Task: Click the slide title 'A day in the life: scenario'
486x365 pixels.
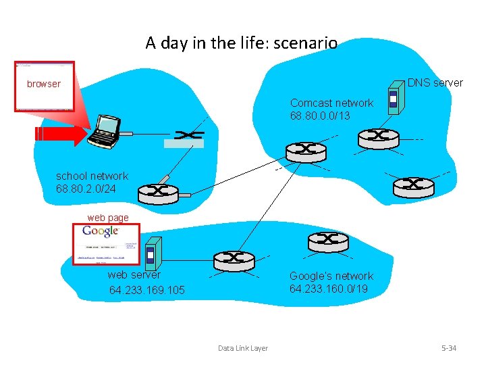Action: (241, 43)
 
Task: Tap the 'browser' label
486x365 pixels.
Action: (44, 84)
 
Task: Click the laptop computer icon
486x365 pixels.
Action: (105, 131)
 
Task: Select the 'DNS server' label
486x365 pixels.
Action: (435, 82)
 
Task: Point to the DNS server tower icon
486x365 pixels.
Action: (393, 101)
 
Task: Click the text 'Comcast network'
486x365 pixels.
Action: (331, 103)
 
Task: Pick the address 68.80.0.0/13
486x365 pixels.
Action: (320, 116)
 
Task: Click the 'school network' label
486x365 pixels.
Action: (92, 176)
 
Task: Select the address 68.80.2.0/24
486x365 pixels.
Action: (86, 189)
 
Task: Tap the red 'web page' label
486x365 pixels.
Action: (108, 218)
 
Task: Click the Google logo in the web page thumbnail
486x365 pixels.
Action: (101, 232)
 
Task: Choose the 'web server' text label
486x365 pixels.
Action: (134, 274)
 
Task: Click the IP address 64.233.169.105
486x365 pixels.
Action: (146, 291)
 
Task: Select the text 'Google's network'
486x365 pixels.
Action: (331, 276)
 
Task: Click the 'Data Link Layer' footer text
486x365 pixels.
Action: (243, 348)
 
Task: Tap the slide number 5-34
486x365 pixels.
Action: (449, 348)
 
